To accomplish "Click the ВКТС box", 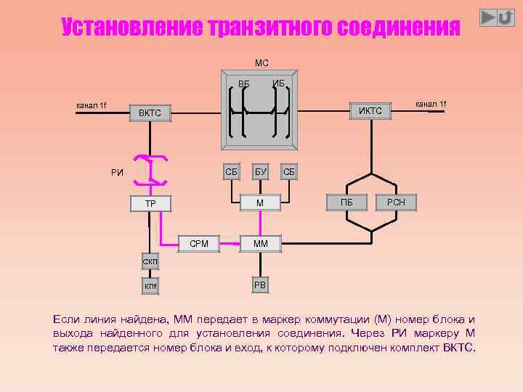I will tap(150, 113).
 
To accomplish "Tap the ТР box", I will tap(150, 203).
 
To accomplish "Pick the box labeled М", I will tap(259, 203).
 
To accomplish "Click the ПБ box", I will tap(346, 203).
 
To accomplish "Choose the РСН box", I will tap(397, 203).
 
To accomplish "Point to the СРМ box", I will tap(198, 244).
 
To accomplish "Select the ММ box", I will tap(260, 244).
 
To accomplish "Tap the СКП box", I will tap(150, 261).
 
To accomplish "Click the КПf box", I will tap(150, 287).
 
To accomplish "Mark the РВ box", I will tap(259, 285).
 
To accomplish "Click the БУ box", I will tap(259, 172).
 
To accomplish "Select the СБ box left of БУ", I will tap(231, 172).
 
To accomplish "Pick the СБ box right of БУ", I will tap(288, 172).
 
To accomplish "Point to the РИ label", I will tap(117, 173).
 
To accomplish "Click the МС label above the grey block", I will tap(261, 63).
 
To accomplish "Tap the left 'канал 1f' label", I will tap(92, 106).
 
